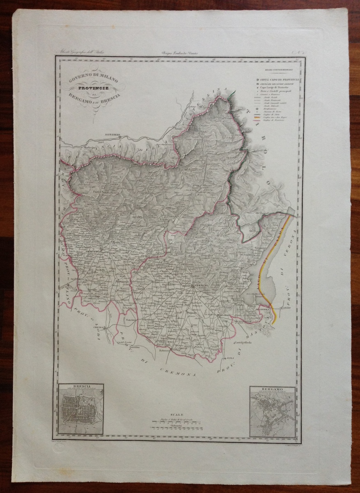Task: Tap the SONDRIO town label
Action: pos(112,134)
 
